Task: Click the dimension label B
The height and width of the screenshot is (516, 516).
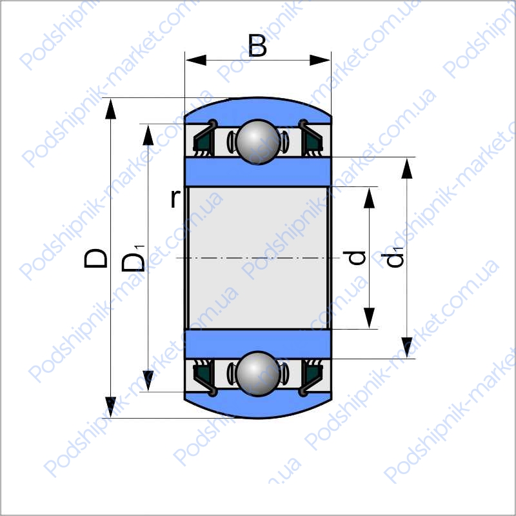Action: [x=257, y=45]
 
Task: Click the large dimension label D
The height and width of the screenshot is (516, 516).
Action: [x=95, y=258]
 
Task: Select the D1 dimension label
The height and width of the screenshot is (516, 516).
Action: [x=134, y=259]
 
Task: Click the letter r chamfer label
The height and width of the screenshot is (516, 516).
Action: [x=175, y=199]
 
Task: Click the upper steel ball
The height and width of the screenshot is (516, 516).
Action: [x=258, y=142]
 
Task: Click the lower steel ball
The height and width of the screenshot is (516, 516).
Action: [x=258, y=374]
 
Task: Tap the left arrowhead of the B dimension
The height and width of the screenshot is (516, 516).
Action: [x=196, y=60]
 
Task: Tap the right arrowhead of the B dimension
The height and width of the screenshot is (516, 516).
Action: [x=320, y=60]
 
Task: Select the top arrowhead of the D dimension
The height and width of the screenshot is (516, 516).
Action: [x=110, y=109]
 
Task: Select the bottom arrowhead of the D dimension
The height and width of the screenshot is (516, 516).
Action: [x=110, y=408]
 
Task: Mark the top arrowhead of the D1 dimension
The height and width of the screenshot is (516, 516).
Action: [x=148, y=135]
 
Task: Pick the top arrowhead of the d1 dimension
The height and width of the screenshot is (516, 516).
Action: [x=407, y=168]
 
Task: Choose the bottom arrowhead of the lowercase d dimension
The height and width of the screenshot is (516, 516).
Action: [x=369, y=318]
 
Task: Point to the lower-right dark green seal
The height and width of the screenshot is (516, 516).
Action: [x=313, y=373]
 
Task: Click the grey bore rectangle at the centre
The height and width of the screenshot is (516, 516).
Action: [x=259, y=257]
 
